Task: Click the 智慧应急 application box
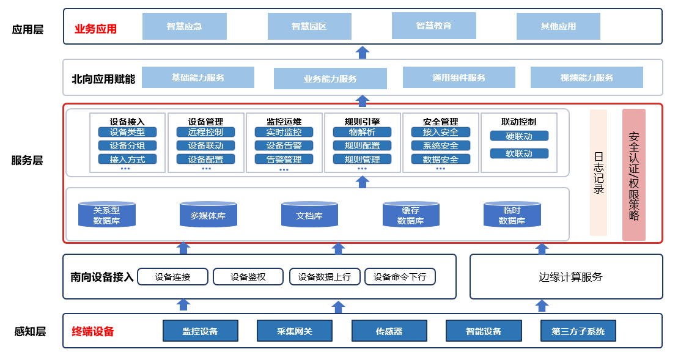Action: [x=184, y=26]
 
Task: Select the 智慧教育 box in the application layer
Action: [x=433, y=26]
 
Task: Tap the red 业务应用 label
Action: [x=95, y=29]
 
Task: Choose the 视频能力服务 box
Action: [x=586, y=78]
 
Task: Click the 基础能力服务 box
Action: [x=197, y=78]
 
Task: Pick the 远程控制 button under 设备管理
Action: [x=205, y=132]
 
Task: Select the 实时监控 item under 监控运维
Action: [x=284, y=132]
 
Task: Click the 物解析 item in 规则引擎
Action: [x=362, y=132]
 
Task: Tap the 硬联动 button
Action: [x=519, y=136]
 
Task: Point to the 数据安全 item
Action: [x=440, y=160]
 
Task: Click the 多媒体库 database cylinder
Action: [x=208, y=215]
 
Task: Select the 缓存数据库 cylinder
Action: [x=410, y=215]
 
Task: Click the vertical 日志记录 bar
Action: [x=599, y=172]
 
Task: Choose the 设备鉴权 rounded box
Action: [x=248, y=277]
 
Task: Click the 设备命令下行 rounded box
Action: [x=400, y=277]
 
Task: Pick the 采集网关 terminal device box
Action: [x=294, y=331]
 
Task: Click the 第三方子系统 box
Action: [x=578, y=331]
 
